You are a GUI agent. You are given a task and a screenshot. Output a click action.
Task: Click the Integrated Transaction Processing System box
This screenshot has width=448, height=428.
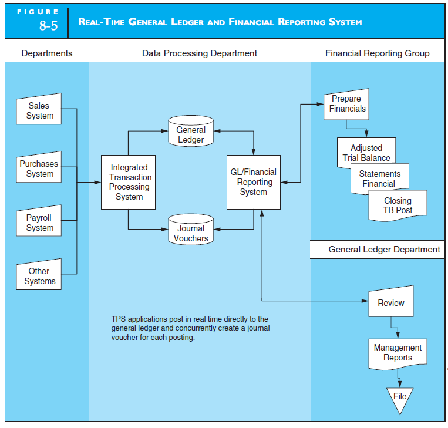(x=129, y=182)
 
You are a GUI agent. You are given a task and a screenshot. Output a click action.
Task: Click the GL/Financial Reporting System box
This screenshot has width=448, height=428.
(x=253, y=182)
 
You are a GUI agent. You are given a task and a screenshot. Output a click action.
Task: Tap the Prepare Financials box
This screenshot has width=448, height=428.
(x=347, y=104)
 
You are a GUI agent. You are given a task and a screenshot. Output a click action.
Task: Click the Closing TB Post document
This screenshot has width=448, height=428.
(x=398, y=205)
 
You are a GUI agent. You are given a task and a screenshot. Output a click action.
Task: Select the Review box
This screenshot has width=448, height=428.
(x=390, y=303)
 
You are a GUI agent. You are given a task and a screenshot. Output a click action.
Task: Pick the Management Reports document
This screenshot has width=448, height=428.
(x=398, y=353)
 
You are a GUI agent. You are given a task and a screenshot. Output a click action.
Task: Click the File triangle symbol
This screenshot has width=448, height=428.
(x=400, y=397)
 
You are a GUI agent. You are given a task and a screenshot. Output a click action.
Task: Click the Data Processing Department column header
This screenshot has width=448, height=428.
(x=199, y=53)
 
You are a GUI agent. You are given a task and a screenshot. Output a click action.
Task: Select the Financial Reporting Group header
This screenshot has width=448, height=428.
(x=377, y=53)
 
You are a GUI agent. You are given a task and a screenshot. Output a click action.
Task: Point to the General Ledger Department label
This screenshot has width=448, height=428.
(x=384, y=250)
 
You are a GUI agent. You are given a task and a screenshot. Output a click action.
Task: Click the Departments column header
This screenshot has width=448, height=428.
(x=47, y=53)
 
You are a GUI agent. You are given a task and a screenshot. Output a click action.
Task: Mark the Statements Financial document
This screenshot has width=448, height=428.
(x=379, y=178)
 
